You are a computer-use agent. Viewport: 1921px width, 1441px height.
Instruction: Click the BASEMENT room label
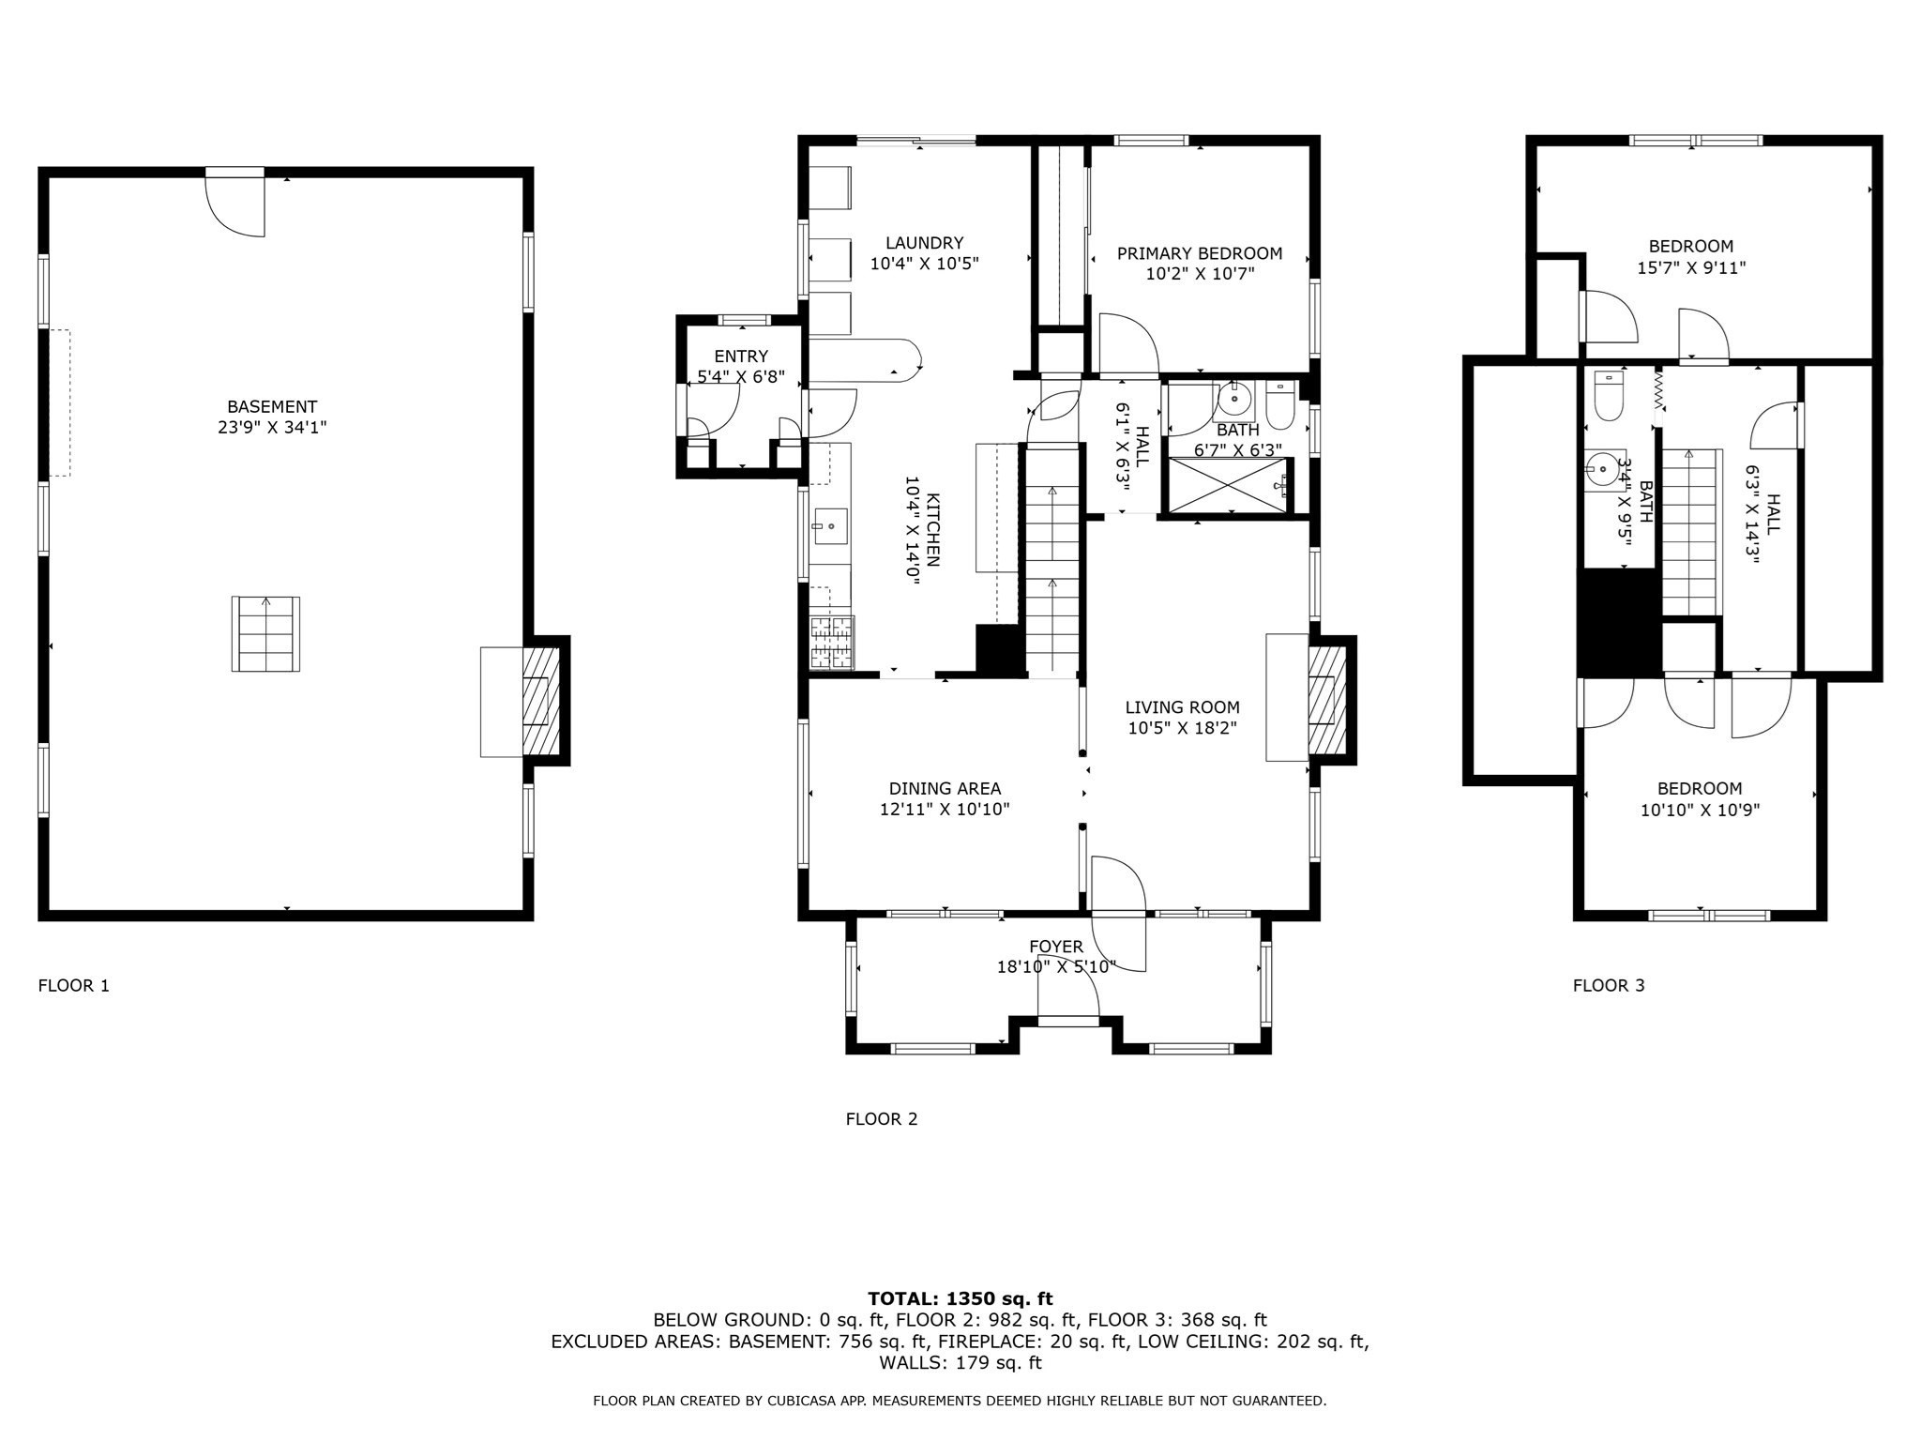point(272,406)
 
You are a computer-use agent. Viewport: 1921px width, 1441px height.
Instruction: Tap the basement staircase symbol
point(265,633)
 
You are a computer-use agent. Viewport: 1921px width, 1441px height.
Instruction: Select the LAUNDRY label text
point(924,243)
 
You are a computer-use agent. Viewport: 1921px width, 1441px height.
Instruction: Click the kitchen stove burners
point(831,643)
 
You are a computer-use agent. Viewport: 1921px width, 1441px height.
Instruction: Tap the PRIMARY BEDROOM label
point(1199,253)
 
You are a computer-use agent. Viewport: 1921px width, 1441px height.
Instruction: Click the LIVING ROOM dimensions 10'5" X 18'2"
point(1182,728)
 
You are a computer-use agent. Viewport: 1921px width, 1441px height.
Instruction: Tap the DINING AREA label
point(945,789)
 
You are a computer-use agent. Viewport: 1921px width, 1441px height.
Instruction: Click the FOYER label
point(1055,947)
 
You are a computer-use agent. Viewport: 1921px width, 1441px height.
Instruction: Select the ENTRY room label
point(740,356)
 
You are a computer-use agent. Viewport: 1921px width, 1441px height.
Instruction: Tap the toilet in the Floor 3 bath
point(1609,397)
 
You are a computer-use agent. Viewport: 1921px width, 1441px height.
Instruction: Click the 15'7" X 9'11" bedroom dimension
point(1690,267)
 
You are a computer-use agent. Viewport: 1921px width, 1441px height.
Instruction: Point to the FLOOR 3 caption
point(1608,985)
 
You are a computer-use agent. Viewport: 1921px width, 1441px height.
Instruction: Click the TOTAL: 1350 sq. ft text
point(960,1298)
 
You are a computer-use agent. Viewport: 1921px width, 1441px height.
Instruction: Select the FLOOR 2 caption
point(881,1118)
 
